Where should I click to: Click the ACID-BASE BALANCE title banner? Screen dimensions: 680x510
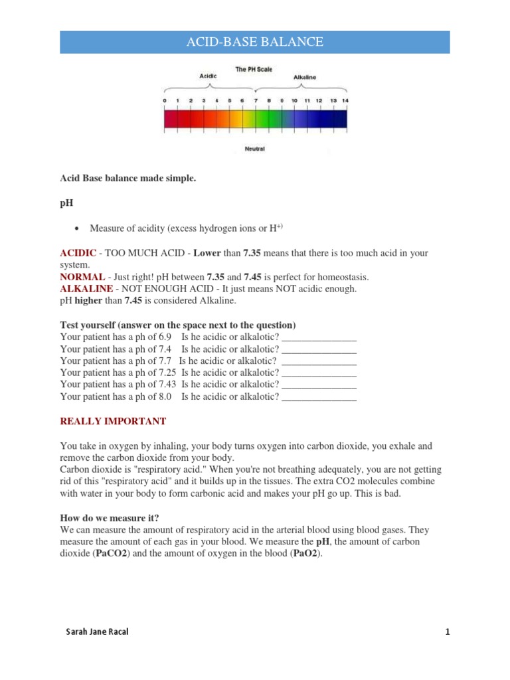pos(255,42)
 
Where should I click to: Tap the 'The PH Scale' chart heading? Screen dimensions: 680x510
pos(253,69)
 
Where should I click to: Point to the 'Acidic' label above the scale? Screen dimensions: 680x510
pos(209,76)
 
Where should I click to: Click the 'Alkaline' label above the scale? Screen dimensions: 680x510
pos(305,77)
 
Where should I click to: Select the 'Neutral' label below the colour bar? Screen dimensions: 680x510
pos(254,149)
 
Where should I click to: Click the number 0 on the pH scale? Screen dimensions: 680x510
pos(165,100)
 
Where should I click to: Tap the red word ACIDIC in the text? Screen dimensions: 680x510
pos(78,253)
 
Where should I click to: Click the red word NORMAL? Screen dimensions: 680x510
pos(82,277)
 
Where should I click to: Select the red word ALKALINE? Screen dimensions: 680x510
pos(85,289)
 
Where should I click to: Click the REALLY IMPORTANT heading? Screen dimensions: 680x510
pos(113,422)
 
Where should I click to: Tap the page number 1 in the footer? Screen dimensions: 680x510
pos(448,632)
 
